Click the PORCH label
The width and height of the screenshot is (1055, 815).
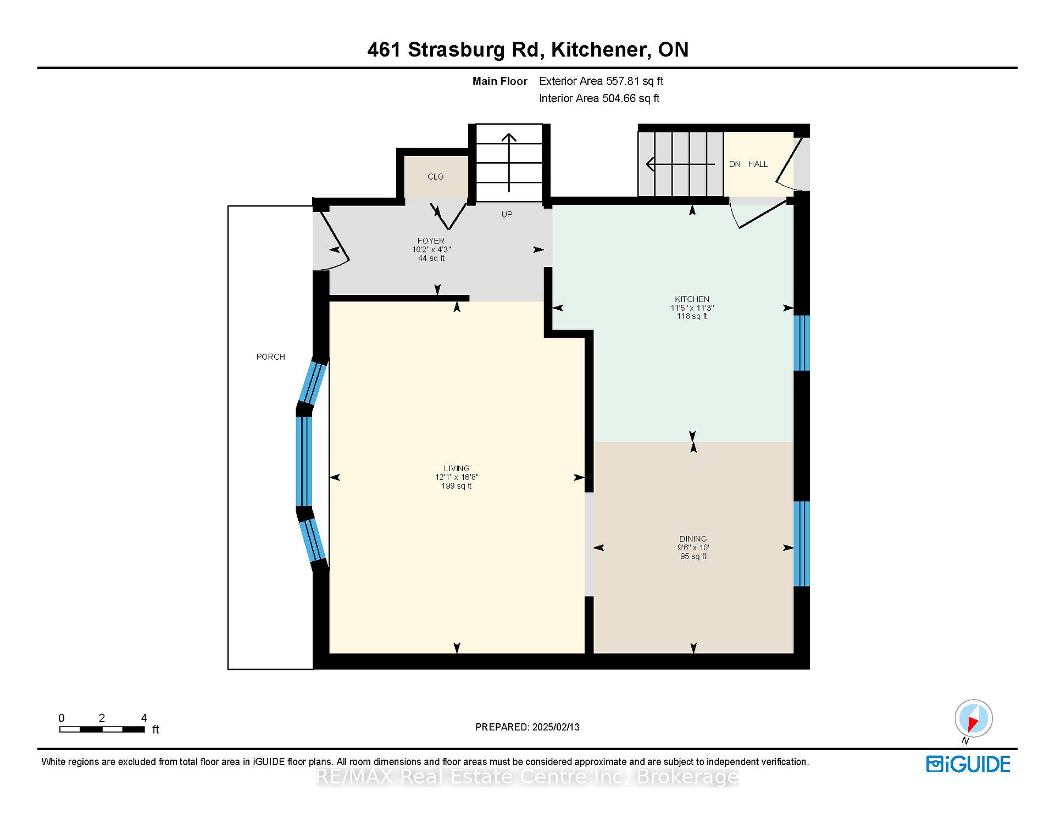270,357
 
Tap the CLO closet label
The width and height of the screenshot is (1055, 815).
435,177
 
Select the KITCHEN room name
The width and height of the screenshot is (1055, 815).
692,299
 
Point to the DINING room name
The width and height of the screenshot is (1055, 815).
692,539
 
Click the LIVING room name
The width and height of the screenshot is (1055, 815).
457,468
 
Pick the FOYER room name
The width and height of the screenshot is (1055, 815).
431,241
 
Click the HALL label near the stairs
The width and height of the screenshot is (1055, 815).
758,164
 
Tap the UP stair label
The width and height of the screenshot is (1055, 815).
507,214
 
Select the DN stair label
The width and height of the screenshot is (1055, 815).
735,164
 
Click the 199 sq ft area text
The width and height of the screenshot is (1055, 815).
457,486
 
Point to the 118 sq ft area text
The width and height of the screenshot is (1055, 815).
692,316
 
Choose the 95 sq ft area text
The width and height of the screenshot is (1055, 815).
693,556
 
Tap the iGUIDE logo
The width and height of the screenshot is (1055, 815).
968,764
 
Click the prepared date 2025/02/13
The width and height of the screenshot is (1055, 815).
556,727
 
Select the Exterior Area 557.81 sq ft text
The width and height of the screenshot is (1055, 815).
601,81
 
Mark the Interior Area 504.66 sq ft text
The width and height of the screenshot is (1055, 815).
599,98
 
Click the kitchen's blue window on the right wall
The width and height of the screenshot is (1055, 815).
802,343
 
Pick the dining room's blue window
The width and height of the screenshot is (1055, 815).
802,544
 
